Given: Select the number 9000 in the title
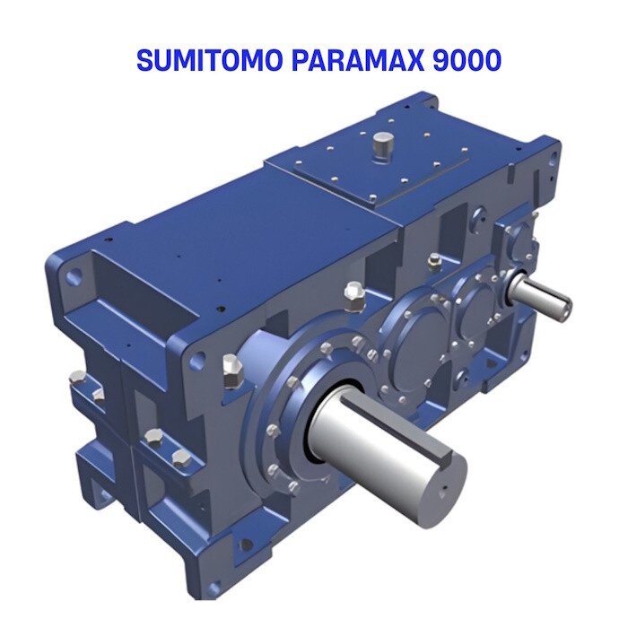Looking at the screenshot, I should (x=453, y=60).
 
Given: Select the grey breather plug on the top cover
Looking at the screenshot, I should (x=384, y=144).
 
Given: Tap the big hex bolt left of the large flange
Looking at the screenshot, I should (x=231, y=370).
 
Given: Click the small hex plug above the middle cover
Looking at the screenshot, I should (x=435, y=261).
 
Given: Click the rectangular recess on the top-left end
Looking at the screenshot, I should (x=148, y=287).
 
